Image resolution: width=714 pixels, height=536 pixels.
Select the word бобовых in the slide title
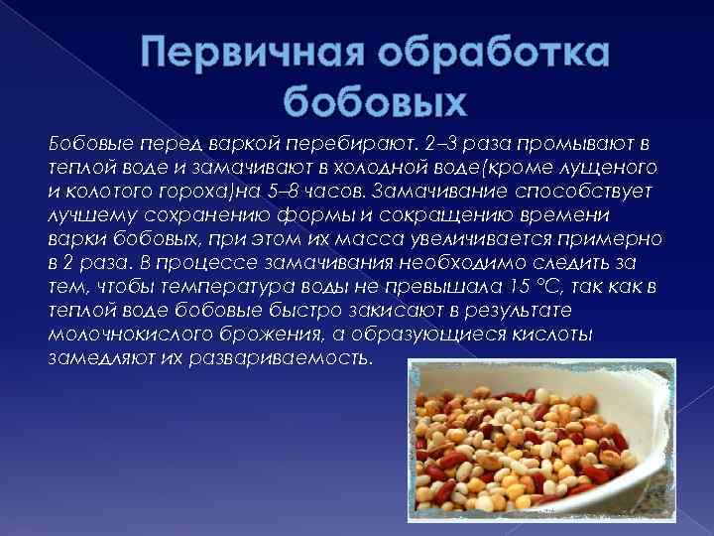point(374,100)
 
